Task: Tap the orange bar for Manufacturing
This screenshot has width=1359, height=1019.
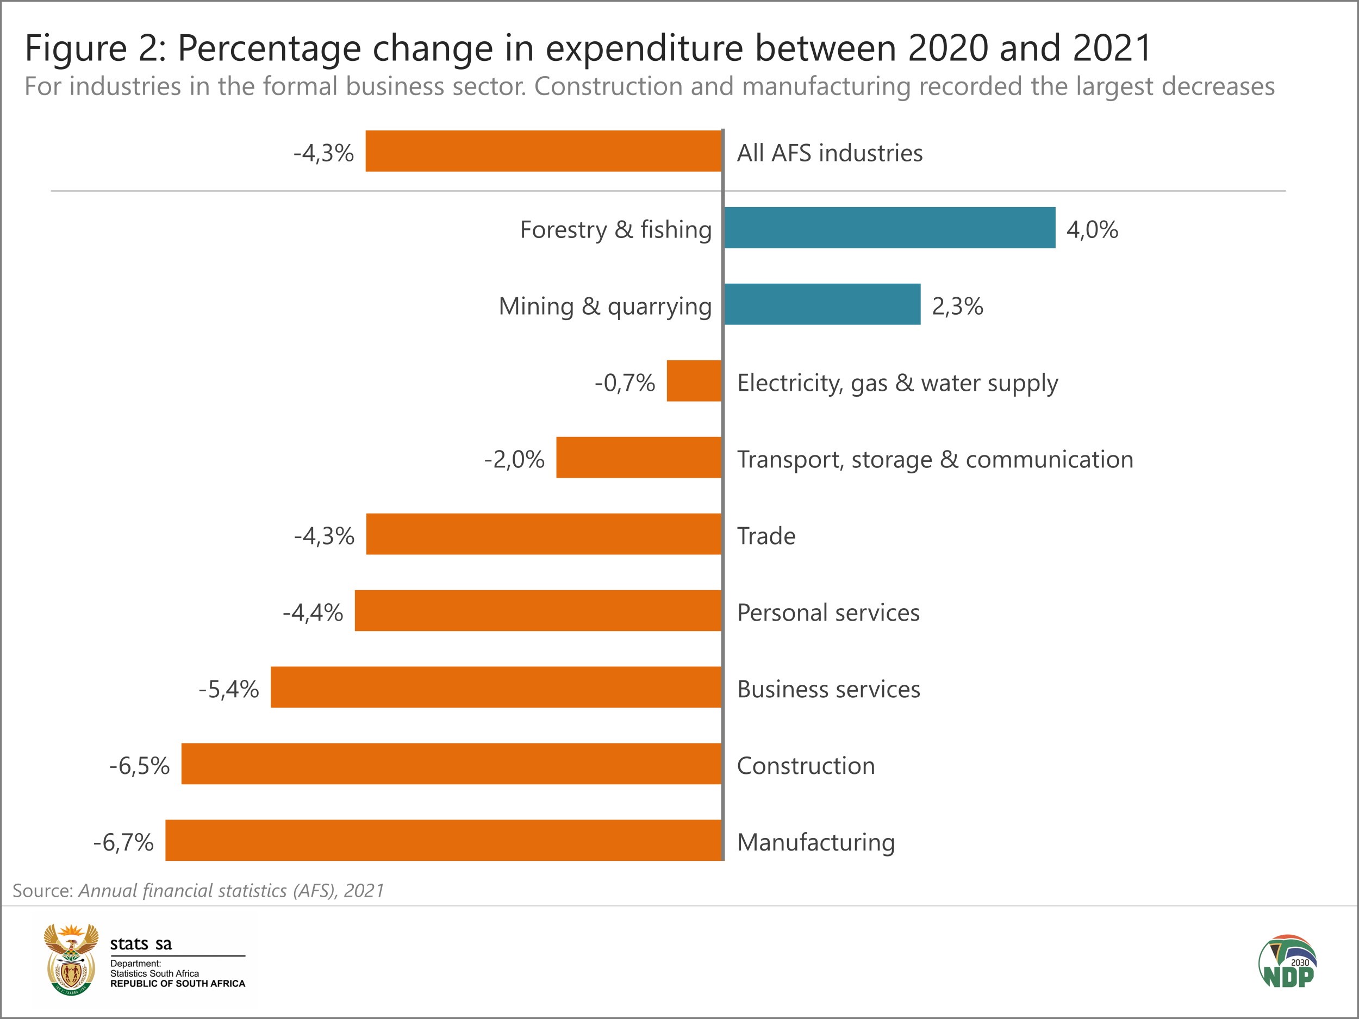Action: [444, 840]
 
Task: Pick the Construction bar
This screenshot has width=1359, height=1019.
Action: [452, 764]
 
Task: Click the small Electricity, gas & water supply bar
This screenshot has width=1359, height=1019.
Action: [694, 381]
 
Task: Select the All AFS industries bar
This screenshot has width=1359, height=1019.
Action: [544, 151]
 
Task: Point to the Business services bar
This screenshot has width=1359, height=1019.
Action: [496, 687]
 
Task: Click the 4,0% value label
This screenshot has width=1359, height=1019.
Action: [1092, 230]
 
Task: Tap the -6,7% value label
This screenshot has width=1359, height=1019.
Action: [123, 842]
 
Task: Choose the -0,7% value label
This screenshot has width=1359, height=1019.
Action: [625, 383]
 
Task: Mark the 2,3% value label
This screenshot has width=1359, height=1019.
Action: [957, 306]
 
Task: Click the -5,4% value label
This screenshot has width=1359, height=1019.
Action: [228, 689]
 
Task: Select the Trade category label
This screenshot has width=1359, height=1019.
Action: [766, 536]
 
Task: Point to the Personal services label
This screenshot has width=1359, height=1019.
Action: [828, 612]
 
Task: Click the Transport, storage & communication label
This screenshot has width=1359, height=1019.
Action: [935, 459]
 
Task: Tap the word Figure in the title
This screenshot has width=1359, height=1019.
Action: [76, 48]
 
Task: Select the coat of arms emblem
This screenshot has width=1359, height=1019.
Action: [71, 959]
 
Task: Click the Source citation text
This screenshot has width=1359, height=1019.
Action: [198, 891]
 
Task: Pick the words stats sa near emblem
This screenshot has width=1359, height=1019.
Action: [141, 943]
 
